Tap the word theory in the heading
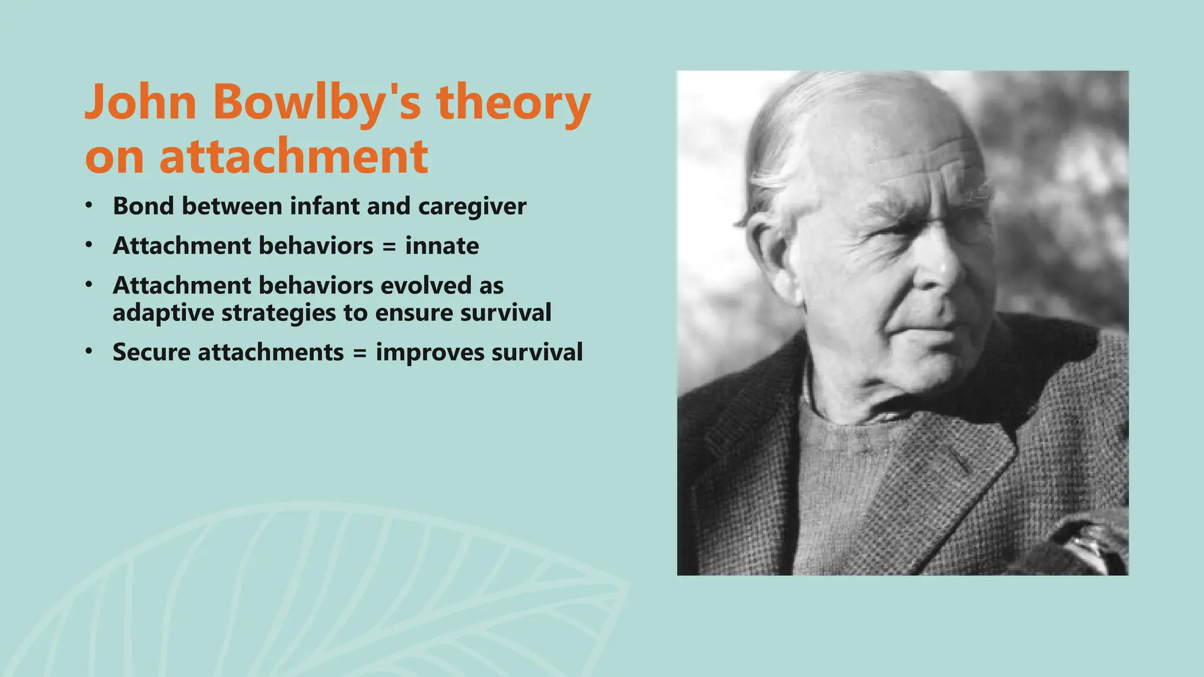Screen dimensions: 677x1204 pyautogui.click(x=513, y=103)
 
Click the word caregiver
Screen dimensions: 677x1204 pyautogui.click(x=472, y=207)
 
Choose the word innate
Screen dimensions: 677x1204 pyautogui.click(x=442, y=246)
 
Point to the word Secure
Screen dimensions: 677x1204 pyautogui.click(x=151, y=353)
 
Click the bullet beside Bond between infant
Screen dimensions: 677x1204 pyautogui.click(x=89, y=206)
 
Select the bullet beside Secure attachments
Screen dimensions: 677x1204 pyautogui.click(x=89, y=351)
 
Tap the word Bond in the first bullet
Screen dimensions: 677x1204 pyautogui.click(x=143, y=206)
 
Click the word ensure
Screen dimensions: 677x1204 pyautogui.click(x=413, y=313)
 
